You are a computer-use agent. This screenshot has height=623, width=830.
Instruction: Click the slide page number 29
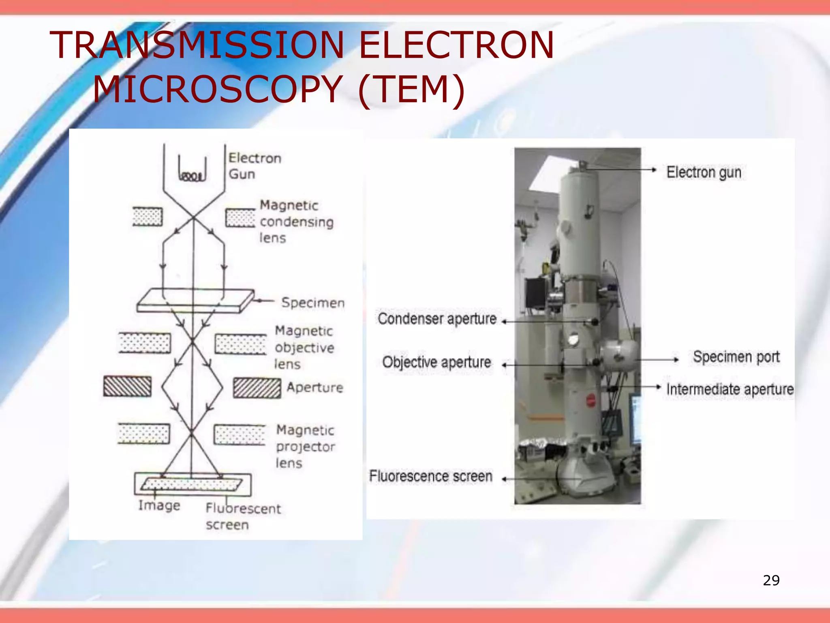[x=771, y=580]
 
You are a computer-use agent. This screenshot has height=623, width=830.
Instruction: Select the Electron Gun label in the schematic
[x=254, y=166]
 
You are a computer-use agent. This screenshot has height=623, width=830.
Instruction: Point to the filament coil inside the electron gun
[x=192, y=176]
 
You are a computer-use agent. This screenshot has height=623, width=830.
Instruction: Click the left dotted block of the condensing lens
[x=148, y=217]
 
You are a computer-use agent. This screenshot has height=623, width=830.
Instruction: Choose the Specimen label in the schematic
[x=312, y=303]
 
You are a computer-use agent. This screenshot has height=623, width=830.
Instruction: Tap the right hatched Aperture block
[x=257, y=388]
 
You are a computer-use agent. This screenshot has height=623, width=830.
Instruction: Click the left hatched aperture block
[x=127, y=386]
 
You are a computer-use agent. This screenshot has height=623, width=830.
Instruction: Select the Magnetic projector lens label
[x=305, y=446]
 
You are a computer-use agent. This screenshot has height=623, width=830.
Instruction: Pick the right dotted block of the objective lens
[x=240, y=344]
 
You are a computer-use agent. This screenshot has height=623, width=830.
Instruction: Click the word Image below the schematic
[x=159, y=505]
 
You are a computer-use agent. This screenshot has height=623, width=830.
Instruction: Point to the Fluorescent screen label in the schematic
[x=243, y=516]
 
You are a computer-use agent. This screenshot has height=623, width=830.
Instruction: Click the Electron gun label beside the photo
[x=704, y=172]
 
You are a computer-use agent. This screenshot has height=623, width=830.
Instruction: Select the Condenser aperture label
[x=437, y=319]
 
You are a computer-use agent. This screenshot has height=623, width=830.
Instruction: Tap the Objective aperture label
[x=436, y=362]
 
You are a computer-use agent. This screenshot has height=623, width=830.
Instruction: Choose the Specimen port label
[x=736, y=357]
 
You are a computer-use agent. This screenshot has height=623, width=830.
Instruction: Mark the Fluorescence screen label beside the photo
[x=430, y=476]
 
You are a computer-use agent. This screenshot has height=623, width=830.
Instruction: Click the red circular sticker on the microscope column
[x=591, y=401]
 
